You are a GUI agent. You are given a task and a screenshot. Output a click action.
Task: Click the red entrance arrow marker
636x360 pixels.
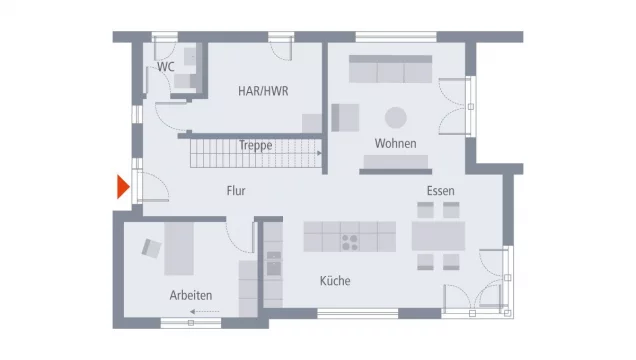coord(123,187)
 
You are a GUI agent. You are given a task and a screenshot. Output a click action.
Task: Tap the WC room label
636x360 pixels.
coord(165,67)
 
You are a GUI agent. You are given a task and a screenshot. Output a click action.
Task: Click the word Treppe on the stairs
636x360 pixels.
coord(255,145)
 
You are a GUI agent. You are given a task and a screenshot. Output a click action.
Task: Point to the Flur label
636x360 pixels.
coord(236,190)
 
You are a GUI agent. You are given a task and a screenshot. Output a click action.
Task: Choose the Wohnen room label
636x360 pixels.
coord(395,144)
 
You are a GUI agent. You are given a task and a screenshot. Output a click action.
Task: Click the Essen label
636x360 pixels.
coord(440,189)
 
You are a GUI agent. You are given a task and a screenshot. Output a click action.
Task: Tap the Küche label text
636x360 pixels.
coord(335,281)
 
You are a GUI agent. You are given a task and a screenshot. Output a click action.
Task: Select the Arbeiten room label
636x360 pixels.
coord(191,295)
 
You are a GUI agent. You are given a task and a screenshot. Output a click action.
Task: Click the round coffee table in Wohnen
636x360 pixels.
coord(396,115)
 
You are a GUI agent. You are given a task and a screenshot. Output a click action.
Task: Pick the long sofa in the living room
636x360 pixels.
coord(390,69)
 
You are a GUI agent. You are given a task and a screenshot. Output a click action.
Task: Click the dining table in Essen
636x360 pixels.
coord(438,235)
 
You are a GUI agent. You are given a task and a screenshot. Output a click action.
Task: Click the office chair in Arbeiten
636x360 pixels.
coord(151,246)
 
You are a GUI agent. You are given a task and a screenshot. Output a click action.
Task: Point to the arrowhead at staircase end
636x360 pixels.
coord(318,154)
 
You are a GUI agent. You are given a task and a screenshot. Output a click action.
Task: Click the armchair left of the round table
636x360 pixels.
coord(345,117)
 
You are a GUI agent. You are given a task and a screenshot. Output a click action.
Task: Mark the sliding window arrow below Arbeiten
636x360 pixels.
coord(204,313)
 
